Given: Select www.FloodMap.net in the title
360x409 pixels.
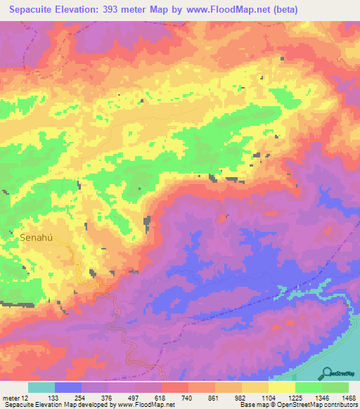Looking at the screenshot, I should point(224,9).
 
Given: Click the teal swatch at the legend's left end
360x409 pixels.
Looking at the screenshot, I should point(41,387).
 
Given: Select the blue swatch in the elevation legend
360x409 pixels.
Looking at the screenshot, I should point(67,387).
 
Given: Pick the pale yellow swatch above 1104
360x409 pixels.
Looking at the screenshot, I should point(281,387).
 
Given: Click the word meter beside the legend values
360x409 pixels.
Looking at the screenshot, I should point(10,398).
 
